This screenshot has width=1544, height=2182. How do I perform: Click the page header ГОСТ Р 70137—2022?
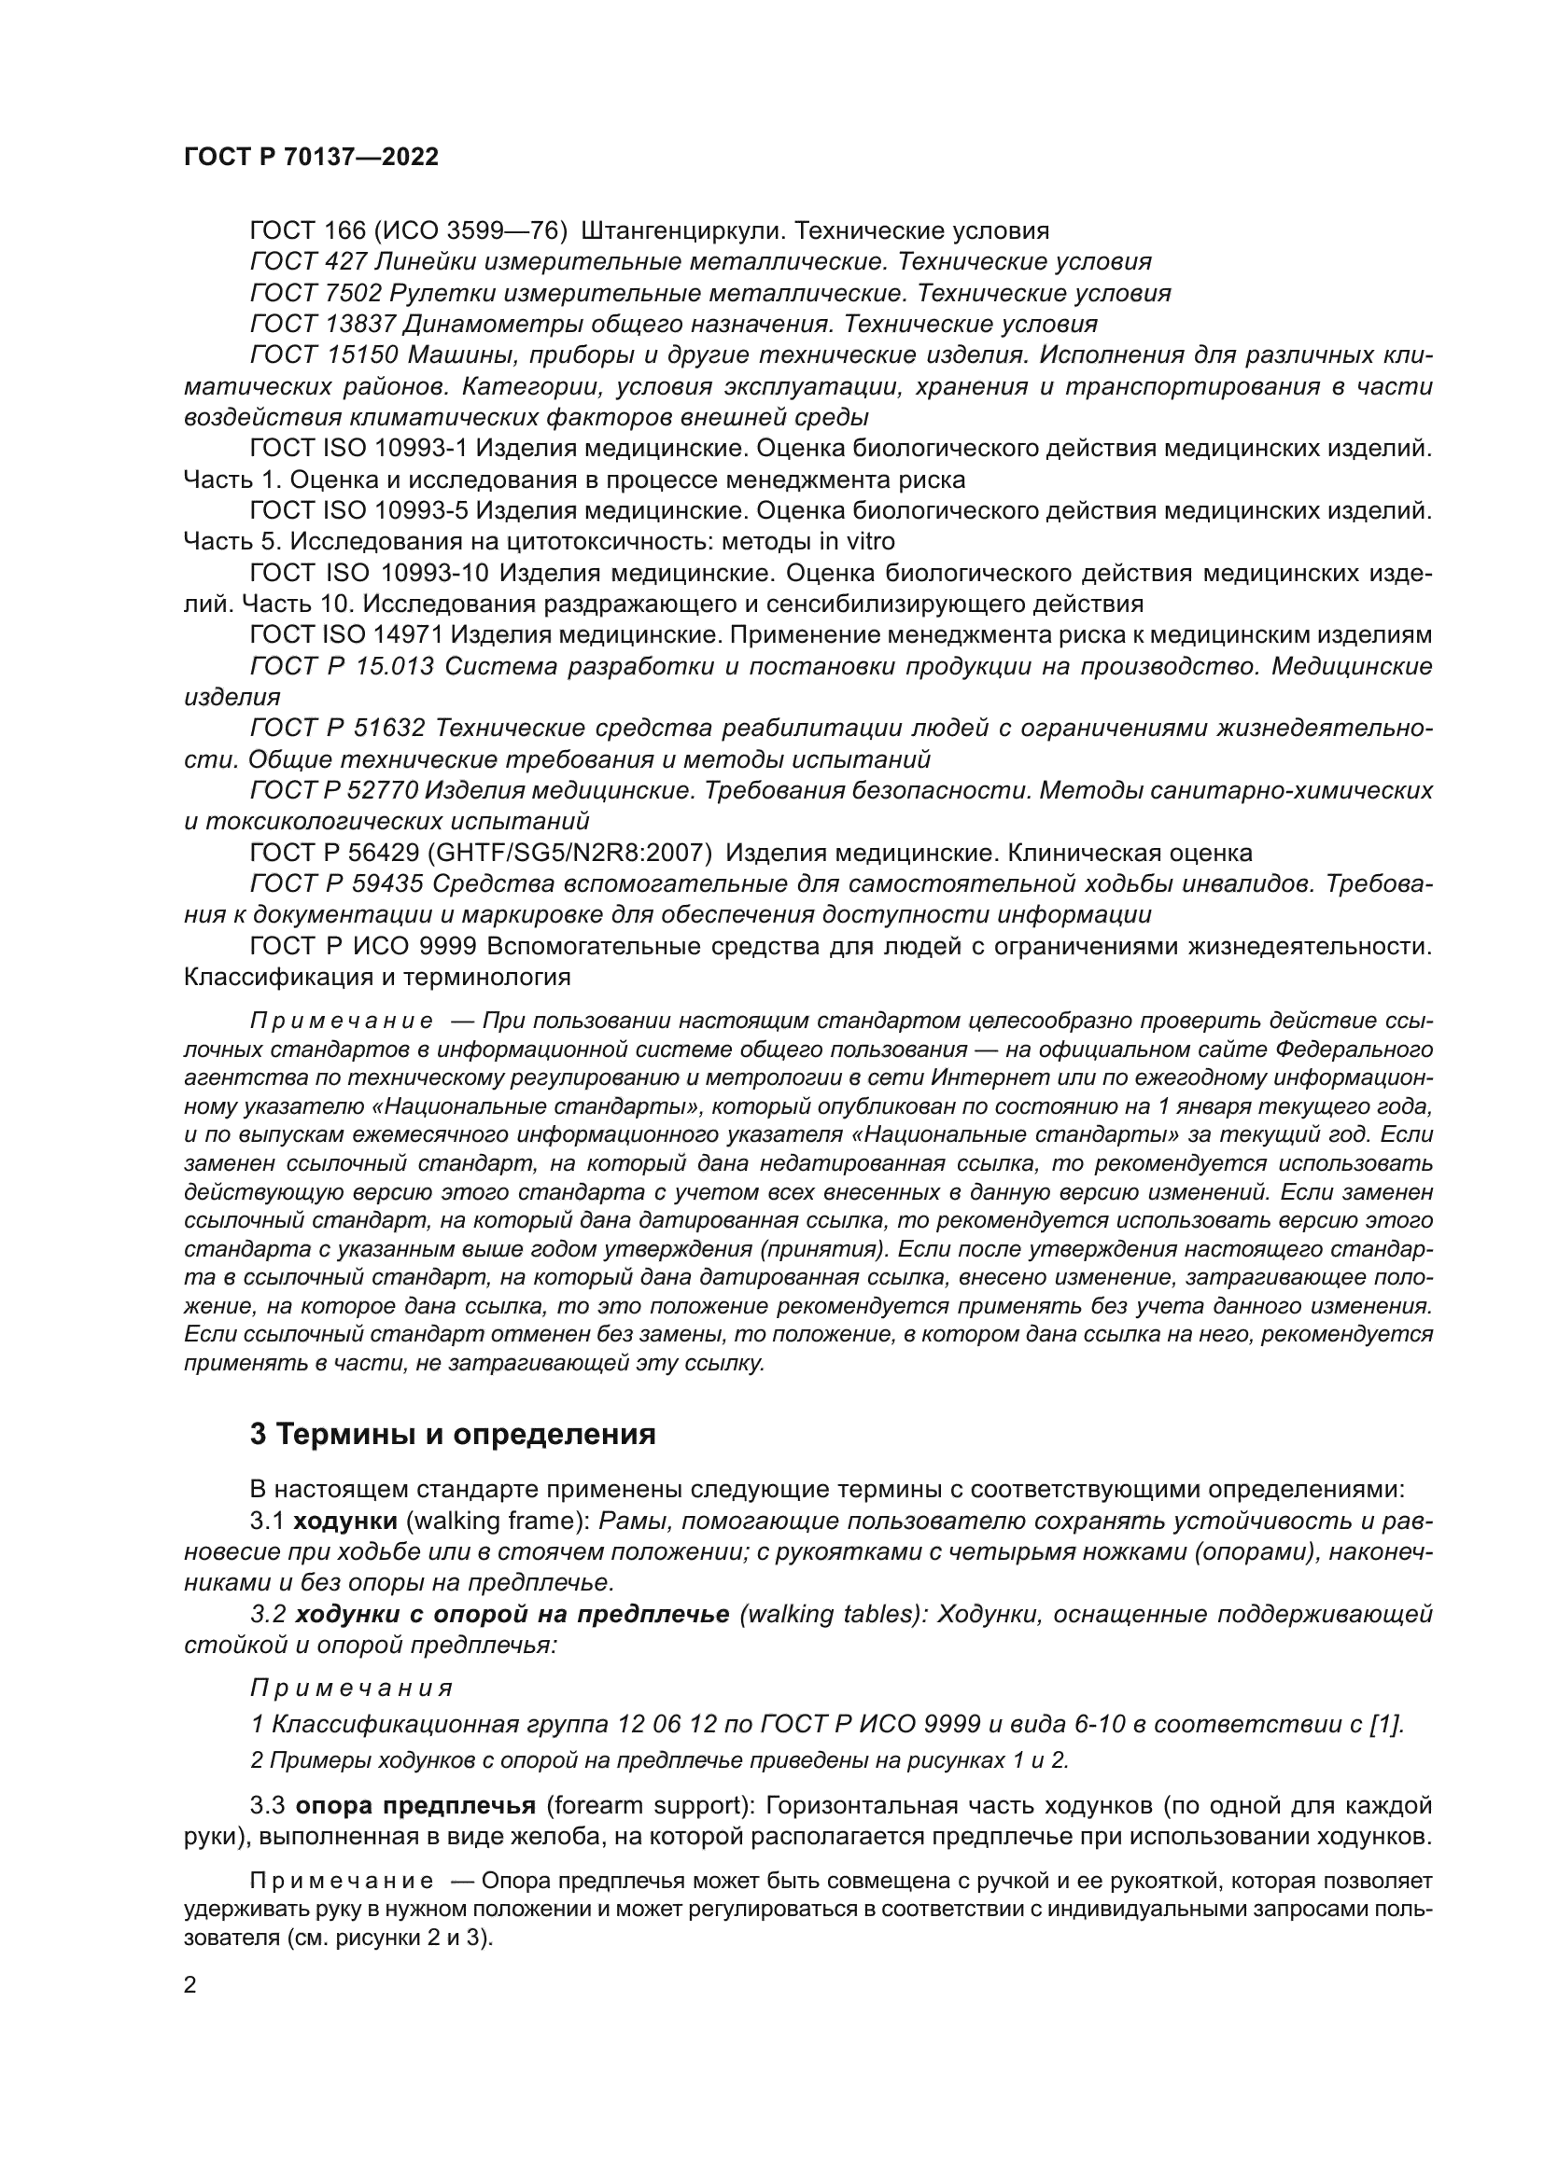pyautogui.click(x=311, y=158)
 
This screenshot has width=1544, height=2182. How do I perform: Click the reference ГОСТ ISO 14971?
pyautogui.click(x=344, y=636)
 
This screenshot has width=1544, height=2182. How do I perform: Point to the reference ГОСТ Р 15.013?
pyautogui.click(x=342, y=667)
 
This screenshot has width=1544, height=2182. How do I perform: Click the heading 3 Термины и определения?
pyautogui.click(x=453, y=1434)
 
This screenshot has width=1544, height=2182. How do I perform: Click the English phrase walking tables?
pyautogui.click(x=825, y=1615)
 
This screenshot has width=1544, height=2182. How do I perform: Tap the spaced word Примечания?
pyautogui.click(x=351, y=1689)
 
